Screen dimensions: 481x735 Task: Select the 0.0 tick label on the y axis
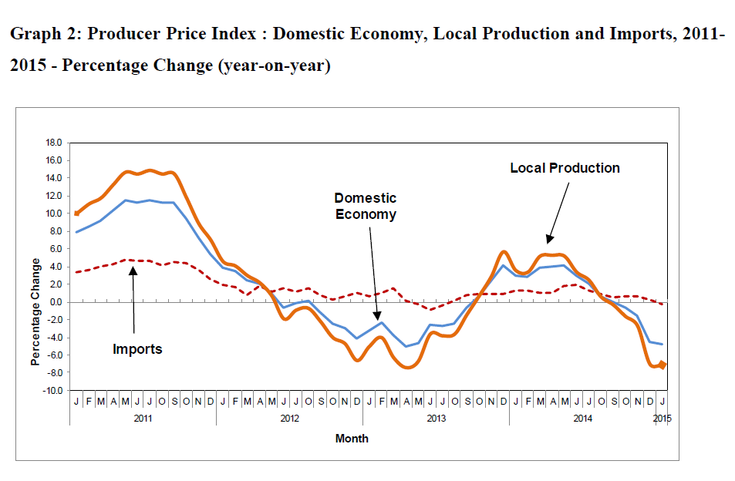[x=55, y=302]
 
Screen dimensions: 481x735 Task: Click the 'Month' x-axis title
[x=352, y=439]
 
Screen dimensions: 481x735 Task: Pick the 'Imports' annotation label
[x=137, y=349]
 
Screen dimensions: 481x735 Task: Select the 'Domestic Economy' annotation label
[x=366, y=206]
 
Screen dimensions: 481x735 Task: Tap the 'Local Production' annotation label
[x=565, y=168]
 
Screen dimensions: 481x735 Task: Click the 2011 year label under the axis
[x=143, y=419]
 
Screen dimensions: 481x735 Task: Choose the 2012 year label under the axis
[x=289, y=419]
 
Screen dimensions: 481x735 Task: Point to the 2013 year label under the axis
[x=436, y=419]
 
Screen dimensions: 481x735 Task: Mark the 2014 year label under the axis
[x=582, y=419]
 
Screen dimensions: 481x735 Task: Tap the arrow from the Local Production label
[x=558, y=211]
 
